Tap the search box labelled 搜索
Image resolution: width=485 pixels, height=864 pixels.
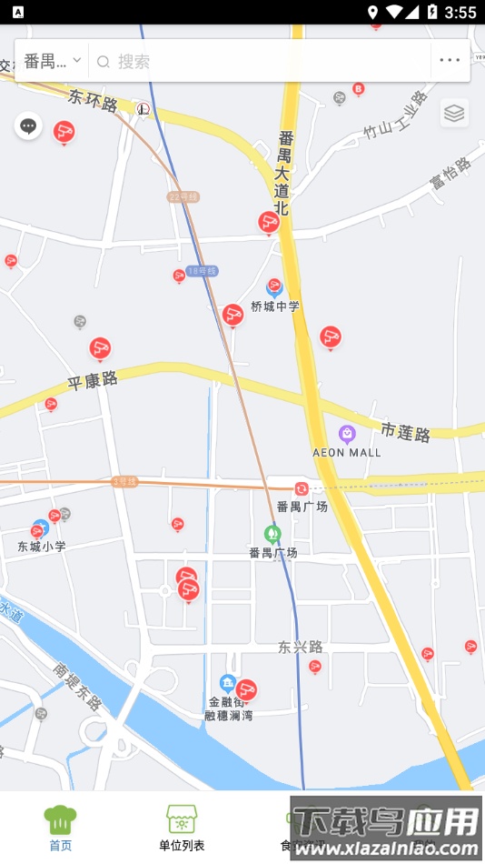(263, 61)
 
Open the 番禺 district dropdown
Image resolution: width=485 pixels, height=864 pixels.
(53, 61)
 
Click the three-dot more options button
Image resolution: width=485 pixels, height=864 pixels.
(450, 61)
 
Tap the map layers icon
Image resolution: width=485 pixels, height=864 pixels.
(454, 113)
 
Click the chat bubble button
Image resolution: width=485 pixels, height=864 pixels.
(28, 126)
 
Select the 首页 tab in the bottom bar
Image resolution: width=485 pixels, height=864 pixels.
(60, 827)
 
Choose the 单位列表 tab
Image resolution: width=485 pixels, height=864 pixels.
(182, 827)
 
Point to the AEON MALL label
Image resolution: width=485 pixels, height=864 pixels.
(346, 452)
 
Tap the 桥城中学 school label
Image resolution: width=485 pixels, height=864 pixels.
(275, 306)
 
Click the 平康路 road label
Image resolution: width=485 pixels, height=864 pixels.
(93, 380)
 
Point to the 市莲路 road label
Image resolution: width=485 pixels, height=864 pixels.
(405, 431)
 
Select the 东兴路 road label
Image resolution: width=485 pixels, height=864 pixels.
(301, 648)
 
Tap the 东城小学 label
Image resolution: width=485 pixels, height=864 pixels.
(42, 547)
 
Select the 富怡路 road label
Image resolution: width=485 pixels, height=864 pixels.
(450, 173)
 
